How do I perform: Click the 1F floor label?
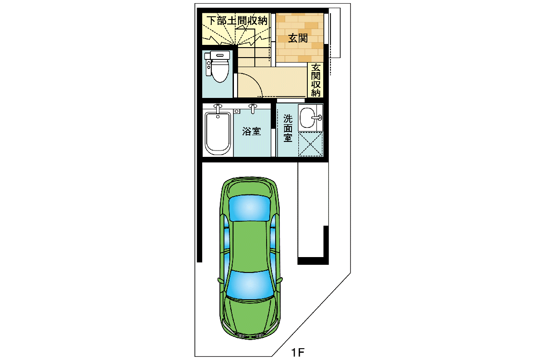[298, 352]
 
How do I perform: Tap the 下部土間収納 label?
[238, 21]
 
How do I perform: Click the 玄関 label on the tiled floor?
[298, 38]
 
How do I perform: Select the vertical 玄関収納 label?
[316, 80]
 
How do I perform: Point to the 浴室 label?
[252, 131]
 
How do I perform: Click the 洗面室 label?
[288, 128]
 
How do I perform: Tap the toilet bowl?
[220, 70]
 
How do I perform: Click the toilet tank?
[220, 55]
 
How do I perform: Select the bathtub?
[218, 133]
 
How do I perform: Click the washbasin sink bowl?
[307, 118]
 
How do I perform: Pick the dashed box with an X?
[311, 144]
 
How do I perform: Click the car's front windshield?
[250, 284]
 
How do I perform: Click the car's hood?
[250, 316]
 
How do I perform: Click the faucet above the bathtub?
[218, 108]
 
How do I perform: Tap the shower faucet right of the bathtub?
[253, 108]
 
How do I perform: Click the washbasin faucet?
[317, 118]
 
